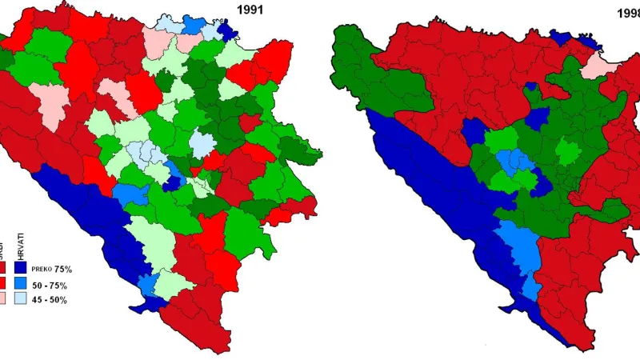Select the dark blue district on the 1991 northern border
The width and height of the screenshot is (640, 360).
pyautogui.click(x=227, y=31)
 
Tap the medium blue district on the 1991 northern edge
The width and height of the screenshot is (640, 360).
pyautogui.click(x=192, y=23)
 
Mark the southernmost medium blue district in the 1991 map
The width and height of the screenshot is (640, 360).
pyautogui.click(x=146, y=282)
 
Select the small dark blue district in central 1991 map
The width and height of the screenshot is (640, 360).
pyautogui.click(x=171, y=182)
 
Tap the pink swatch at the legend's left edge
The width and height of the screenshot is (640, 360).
pyautogui.click(x=3, y=299)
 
